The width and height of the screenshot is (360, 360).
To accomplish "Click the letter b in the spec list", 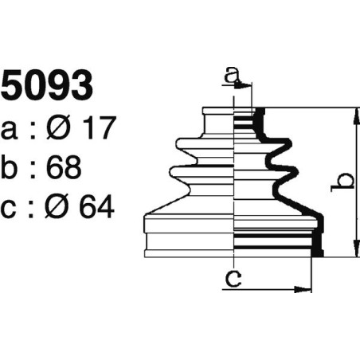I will click(11, 166).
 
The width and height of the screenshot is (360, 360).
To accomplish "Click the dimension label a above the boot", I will click(232, 76).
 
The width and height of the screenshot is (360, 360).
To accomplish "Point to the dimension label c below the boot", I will click(233, 279).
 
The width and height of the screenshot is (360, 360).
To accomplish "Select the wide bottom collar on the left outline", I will click(188, 243).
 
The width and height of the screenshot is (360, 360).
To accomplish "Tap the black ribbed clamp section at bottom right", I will click(279, 242).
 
